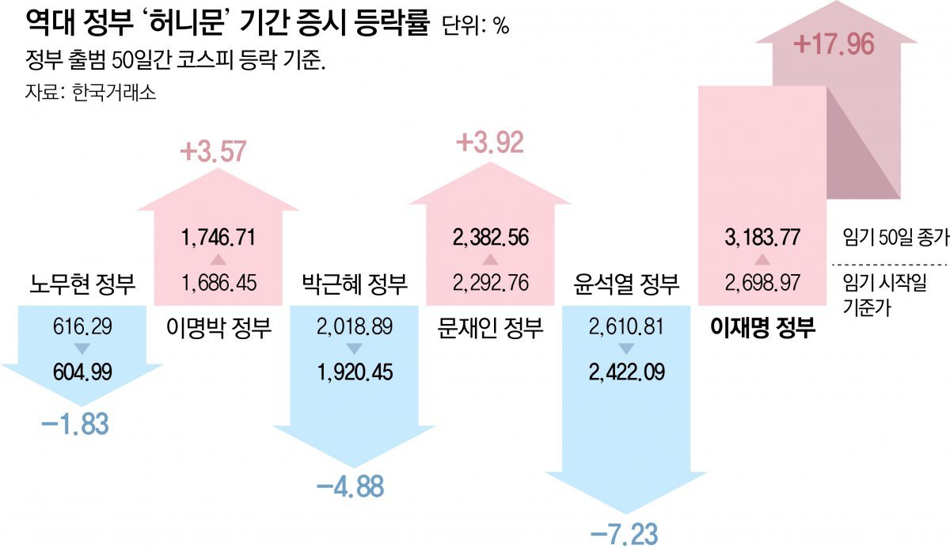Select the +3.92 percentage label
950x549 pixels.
(490, 143)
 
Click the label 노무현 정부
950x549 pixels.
(81, 283)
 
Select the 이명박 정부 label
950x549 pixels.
(218, 326)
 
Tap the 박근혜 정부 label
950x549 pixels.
(354, 283)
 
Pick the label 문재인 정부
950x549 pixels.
(491, 326)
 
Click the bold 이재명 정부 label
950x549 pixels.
(762, 326)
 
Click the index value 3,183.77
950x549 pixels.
(762, 237)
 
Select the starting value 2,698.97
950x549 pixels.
(762, 282)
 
